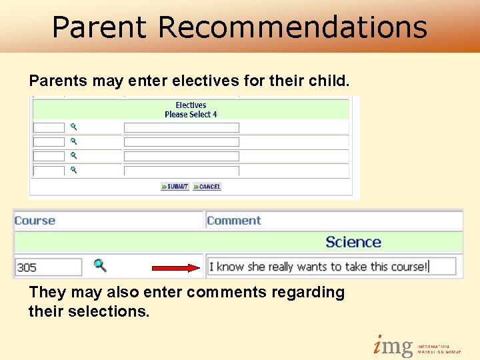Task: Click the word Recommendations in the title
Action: pos(293,27)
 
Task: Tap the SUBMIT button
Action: pos(175,187)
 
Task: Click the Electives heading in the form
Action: pos(191,105)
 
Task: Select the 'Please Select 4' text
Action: pos(191,115)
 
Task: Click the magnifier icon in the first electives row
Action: pos(74,127)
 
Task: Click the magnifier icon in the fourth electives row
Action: pos(74,171)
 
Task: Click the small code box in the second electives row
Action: pos(49,141)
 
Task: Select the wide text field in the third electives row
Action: pos(181,156)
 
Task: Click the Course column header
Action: pos(35,221)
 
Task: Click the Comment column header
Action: pos(233,221)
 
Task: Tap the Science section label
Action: pos(353,242)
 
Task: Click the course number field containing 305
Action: pos(47,267)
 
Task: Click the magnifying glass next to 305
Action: pos(99,265)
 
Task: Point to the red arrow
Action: pos(176,268)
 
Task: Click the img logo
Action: pos(393,346)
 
